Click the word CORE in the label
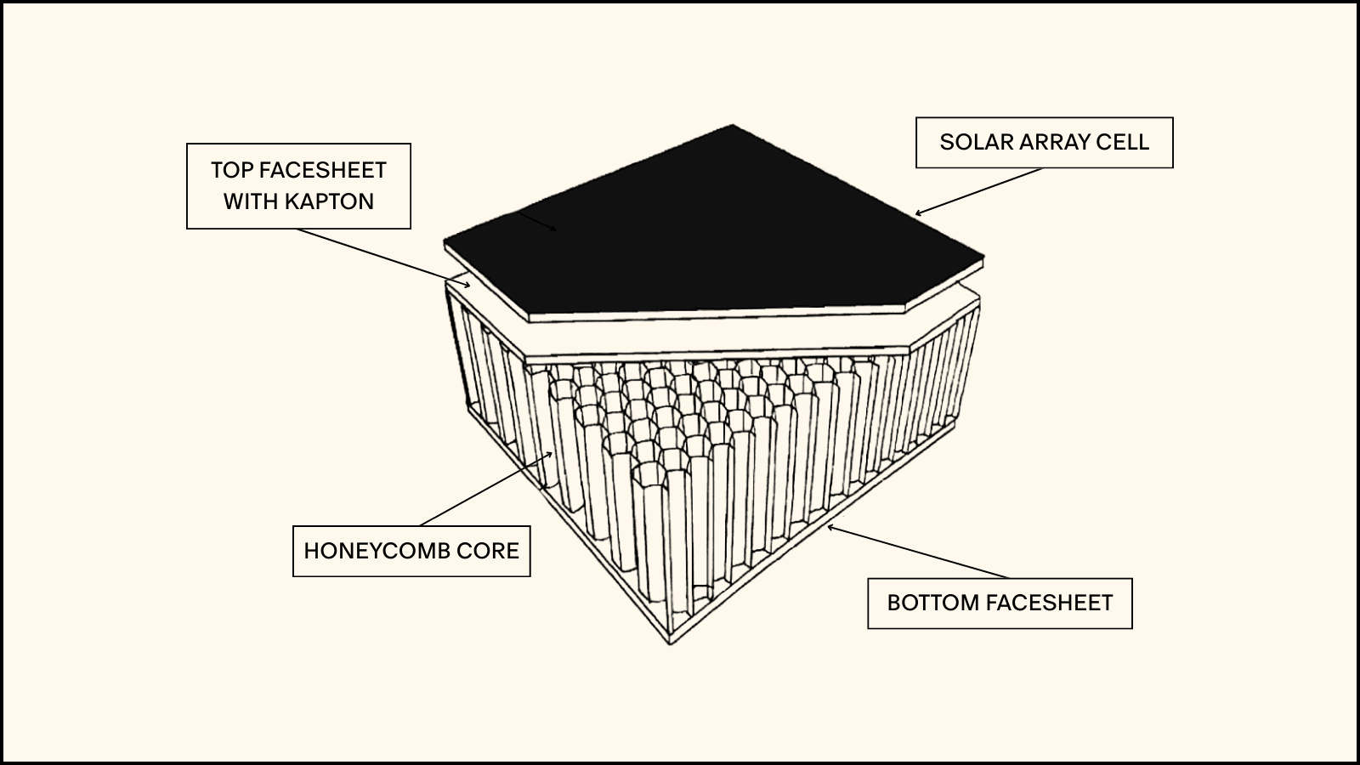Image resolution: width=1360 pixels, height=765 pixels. [487, 551]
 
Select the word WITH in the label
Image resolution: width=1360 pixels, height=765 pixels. [250, 201]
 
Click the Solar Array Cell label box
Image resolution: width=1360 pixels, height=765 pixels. [1044, 142]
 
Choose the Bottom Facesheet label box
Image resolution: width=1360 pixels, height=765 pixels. [1000, 603]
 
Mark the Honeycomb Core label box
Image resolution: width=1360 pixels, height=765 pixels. [411, 551]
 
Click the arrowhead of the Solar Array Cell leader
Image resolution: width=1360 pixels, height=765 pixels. [917, 213]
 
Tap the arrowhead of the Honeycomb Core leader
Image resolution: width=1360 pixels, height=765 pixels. [552, 454]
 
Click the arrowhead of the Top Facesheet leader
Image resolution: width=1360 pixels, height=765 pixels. [467, 285]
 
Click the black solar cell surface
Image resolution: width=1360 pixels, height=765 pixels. [722, 229]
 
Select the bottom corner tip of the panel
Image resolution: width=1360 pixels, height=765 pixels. [671, 643]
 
